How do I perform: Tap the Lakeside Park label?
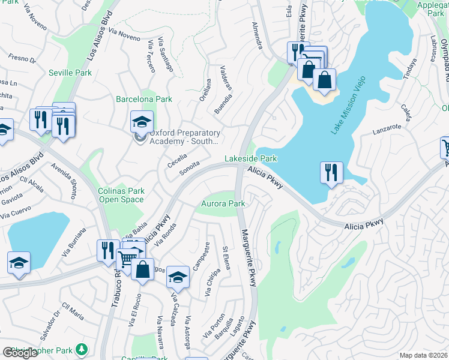click(x=251, y=158)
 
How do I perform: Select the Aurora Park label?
click(x=223, y=204)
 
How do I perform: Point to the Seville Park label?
click(x=70, y=73)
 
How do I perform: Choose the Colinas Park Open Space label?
click(x=121, y=196)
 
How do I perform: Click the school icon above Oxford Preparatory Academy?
click(x=142, y=121)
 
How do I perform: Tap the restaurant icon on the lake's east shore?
click(x=331, y=172)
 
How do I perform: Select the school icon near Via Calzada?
click(x=178, y=277)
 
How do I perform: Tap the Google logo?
click(x=20, y=353)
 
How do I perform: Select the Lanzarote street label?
click(x=387, y=128)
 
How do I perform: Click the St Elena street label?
click(x=227, y=257)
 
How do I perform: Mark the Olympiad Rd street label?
click(x=444, y=55)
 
